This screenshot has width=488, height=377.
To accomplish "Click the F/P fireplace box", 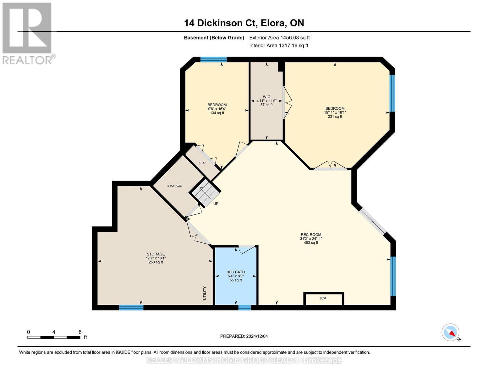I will [323, 298].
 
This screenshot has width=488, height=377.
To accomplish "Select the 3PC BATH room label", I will [236, 272].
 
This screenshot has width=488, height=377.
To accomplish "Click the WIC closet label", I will [266, 97].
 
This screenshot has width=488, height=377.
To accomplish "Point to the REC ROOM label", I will [311, 234].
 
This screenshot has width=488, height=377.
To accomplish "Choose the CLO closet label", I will [202, 163].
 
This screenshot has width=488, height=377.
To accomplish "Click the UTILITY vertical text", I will [205, 293].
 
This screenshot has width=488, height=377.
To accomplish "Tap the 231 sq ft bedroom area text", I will [335, 117].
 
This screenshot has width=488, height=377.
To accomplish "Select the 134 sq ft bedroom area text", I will [217, 113].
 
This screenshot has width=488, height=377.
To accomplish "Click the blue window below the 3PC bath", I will [244, 308].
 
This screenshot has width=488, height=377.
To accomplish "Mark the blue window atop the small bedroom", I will [213, 59].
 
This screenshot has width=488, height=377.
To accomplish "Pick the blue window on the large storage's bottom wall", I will [131, 308].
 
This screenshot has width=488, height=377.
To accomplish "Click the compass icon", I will [450, 332].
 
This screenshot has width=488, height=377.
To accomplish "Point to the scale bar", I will [53, 337].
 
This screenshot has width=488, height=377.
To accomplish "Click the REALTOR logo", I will [28, 33].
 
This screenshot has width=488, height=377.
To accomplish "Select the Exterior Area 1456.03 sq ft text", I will [279, 37].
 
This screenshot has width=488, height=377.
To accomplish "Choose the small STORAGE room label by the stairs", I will [174, 186].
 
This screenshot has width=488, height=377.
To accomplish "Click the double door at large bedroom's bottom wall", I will [330, 167].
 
